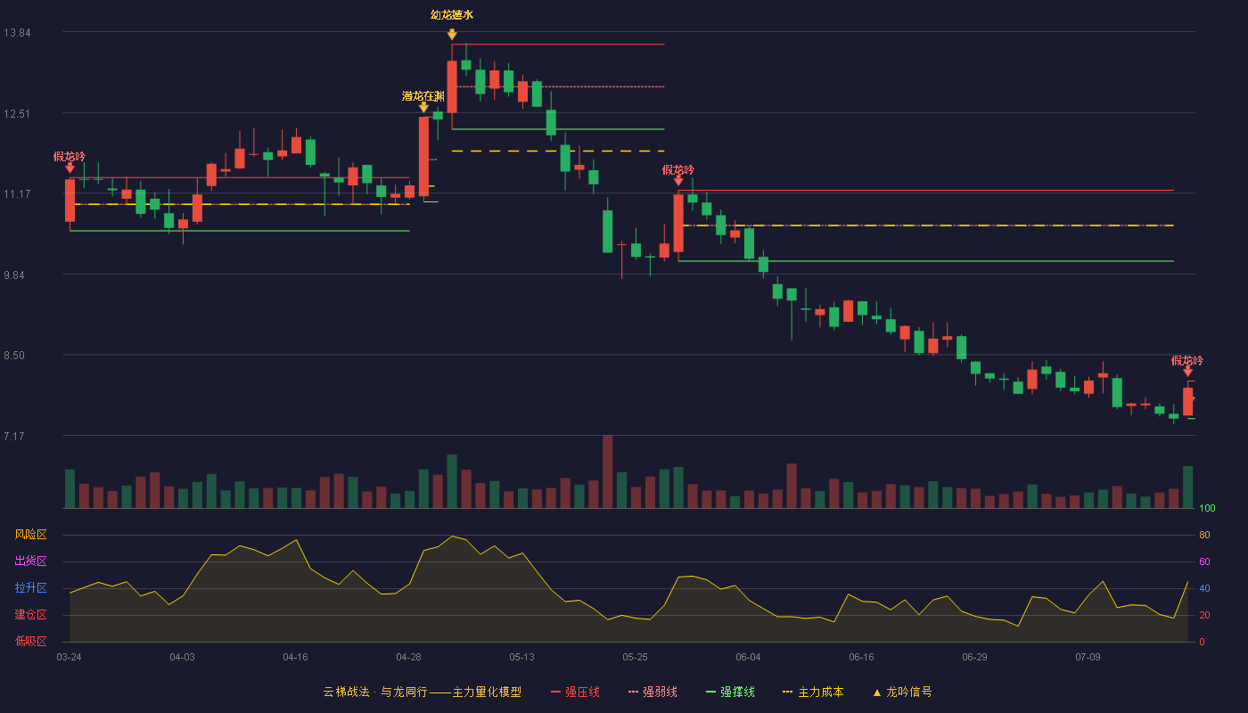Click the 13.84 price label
[17, 33]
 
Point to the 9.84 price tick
[14, 275]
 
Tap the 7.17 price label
[14, 436]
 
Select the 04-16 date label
[295, 658]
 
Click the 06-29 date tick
[974, 658]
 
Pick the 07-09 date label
[1088, 658]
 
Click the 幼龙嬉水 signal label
[452, 15]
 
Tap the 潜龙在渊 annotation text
[423, 96]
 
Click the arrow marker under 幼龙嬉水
[452, 35]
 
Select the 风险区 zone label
[30, 535]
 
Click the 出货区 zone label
[30, 561]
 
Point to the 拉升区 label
[30, 587]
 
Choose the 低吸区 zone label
[30, 641]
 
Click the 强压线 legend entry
[575, 692]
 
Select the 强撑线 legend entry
[730, 692]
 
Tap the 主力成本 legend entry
[813, 692]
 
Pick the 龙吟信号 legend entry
[902, 692]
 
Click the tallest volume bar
[607, 471]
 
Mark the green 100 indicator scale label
[1207, 508]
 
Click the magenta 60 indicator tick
[1204, 561]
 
